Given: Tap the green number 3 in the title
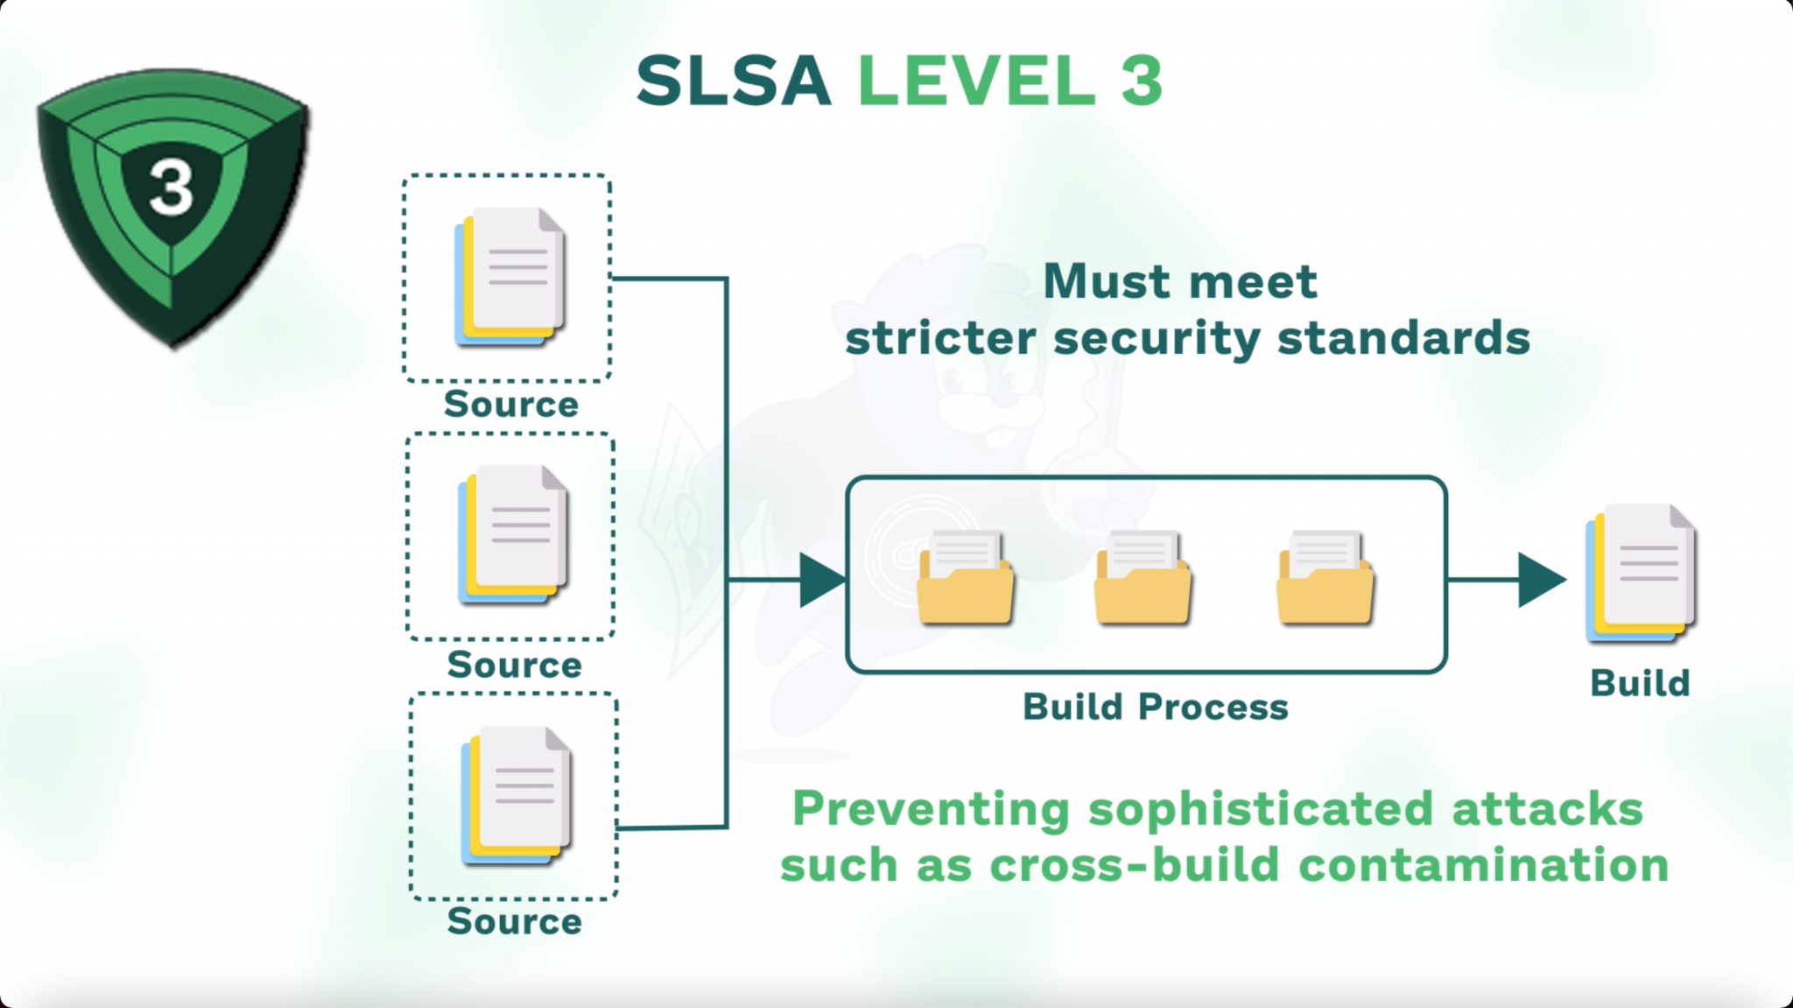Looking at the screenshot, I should click(1141, 81).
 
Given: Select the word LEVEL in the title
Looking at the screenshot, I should click(976, 81).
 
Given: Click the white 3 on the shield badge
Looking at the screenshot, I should click(171, 189).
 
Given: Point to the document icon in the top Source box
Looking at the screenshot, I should click(510, 277).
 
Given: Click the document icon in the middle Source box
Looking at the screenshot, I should click(514, 535).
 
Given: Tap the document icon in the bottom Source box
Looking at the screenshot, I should click(517, 795).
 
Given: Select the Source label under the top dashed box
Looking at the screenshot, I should click(511, 405).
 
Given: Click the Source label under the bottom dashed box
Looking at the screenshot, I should click(515, 921).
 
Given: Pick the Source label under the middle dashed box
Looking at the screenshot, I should click(515, 665).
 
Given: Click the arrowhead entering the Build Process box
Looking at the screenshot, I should click(820, 580).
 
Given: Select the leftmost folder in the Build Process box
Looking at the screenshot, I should click(966, 579).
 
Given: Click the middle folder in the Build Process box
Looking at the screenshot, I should click(1143, 579).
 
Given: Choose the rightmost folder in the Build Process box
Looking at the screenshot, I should click(1325, 579).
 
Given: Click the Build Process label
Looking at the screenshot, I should click(1156, 707).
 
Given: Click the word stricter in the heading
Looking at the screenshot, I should click(939, 338).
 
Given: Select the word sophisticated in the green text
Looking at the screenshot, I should click(1261, 809).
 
